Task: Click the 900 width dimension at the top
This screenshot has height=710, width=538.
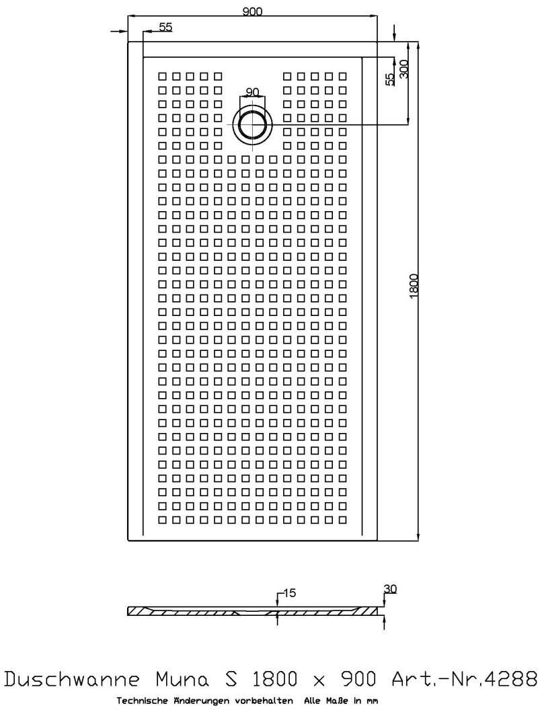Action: pos(252,10)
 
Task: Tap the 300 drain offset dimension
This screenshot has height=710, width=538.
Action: pos(403,69)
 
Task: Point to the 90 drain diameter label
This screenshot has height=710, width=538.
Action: pos(252,92)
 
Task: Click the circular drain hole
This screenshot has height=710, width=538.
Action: pos(252,124)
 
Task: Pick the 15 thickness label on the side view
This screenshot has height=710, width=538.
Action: pos(289,593)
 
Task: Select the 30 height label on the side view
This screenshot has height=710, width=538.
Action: pos(390,589)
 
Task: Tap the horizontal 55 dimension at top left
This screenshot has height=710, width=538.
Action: pos(165,27)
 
